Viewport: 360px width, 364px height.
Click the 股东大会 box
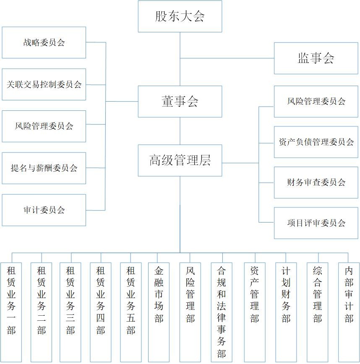(x=180, y=17)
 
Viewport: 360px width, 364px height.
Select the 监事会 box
(x=316, y=58)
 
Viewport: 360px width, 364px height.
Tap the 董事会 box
(x=180, y=102)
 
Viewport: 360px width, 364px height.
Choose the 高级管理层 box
(x=180, y=160)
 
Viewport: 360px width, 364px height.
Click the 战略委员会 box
(x=44, y=42)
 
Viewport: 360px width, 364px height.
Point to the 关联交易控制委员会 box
(x=44, y=84)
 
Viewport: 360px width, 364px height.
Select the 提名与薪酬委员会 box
(x=44, y=168)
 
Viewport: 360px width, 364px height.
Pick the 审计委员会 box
(x=44, y=210)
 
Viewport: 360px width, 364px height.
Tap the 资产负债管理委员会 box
(x=316, y=142)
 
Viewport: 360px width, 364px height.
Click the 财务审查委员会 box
(x=316, y=183)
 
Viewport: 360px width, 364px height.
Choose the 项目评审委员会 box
(x=316, y=223)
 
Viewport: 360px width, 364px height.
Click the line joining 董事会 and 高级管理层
(x=180, y=131)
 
